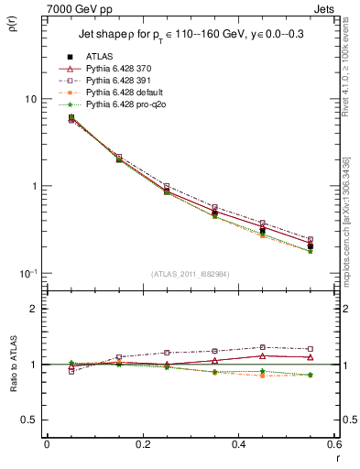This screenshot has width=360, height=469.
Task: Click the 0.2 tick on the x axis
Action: pyautogui.click(x=142, y=446)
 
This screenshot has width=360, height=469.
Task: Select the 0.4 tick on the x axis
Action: pyautogui.click(x=238, y=446)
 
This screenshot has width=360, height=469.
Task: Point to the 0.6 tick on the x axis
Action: pyautogui.click(x=333, y=446)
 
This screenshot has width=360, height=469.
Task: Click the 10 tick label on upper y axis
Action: pyautogui.click(x=31, y=99)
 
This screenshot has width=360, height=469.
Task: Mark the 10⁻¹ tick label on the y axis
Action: pyautogui.click(x=27, y=273)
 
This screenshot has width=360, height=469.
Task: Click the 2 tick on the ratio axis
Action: pyautogui.click(x=34, y=309)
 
